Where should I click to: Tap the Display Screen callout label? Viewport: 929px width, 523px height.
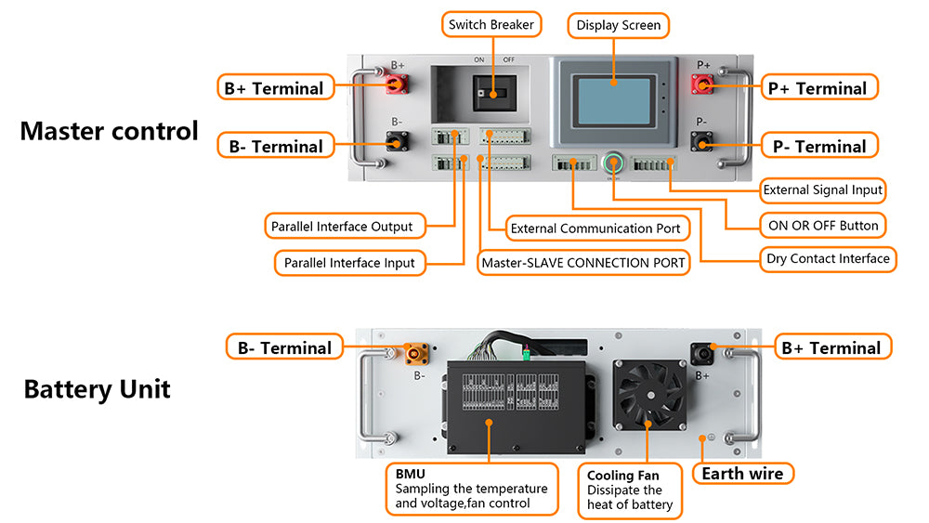[x=618, y=25]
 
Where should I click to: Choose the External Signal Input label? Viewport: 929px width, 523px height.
[x=822, y=190]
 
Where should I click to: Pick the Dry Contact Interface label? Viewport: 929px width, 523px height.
[x=828, y=258]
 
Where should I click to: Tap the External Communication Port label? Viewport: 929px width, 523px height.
[x=595, y=229]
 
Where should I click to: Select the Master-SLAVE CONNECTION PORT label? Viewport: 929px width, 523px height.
[x=583, y=263]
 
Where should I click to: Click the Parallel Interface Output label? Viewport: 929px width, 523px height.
[x=342, y=227]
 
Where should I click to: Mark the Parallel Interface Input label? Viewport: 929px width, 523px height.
[x=349, y=263]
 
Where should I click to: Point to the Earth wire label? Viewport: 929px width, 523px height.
[x=742, y=474]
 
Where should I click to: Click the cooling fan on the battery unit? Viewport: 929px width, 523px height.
[x=651, y=395]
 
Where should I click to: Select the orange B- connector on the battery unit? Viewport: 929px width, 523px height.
[x=416, y=354]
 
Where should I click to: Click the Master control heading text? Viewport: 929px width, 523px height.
[x=109, y=131]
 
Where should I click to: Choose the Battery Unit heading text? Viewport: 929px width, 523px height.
[x=98, y=388]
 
